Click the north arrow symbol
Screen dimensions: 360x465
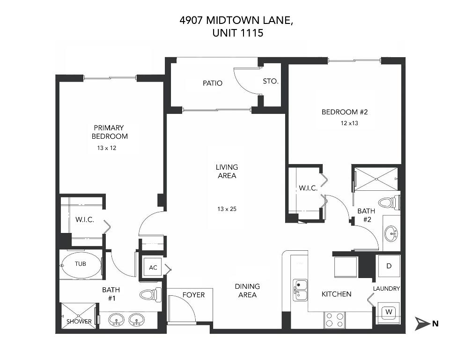[x=422, y=323]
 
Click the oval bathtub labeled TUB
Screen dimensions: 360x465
[x=81, y=264]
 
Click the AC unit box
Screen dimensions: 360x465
[x=153, y=268]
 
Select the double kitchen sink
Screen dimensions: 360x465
[x=300, y=289]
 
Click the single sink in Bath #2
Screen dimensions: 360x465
[x=391, y=232]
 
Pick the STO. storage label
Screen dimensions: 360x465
[x=271, y=82]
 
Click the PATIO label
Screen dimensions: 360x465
[x=212, y=83]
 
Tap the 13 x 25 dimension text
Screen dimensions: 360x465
[x=227, y=209]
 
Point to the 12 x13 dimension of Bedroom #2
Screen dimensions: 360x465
[x=350, y=123]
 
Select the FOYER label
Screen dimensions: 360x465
[x=193, y=295]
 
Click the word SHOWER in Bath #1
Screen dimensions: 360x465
[x=79, y=322]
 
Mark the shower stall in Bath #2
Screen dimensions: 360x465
[x=376, y=178]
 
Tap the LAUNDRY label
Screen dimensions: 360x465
[x=386, y=289]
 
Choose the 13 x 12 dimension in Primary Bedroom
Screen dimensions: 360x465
[x=106, y=148]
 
